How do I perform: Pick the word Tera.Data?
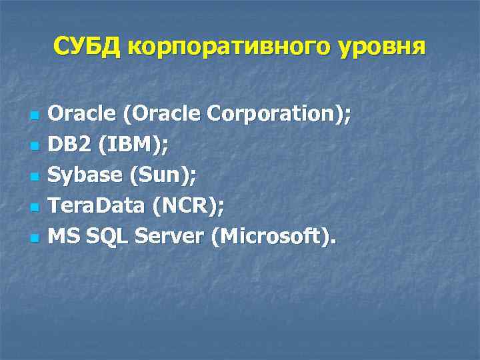[97, 206]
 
